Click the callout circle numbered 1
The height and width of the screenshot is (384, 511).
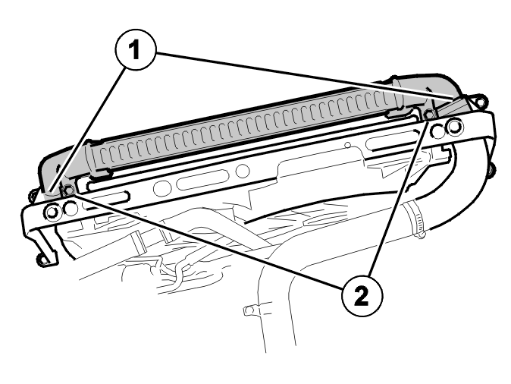(x=136, y=50)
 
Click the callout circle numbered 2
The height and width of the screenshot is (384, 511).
(x=362, y=296)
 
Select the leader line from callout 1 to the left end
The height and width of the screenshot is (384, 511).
(x=87, y=128)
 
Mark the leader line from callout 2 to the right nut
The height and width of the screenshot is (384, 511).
(x=398, y=199)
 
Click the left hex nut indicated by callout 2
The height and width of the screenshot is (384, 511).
(x=68, y=190)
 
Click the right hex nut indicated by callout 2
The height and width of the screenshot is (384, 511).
(x=429, y=114)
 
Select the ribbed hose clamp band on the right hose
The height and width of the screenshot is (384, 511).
(x=414, y=219)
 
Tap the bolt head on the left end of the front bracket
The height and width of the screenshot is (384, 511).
(x=51, y=212)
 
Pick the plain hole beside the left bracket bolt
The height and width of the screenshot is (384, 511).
(x=71, y=209)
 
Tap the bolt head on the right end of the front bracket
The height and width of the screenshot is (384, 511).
(x=455, y=127)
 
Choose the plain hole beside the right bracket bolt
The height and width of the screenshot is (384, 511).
(x=437, y=131)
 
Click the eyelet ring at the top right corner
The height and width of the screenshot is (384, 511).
(x=478, y=101)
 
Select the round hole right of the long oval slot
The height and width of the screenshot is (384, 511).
(x=243, y=171)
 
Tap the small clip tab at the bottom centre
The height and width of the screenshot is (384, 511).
(x=249, y=310)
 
